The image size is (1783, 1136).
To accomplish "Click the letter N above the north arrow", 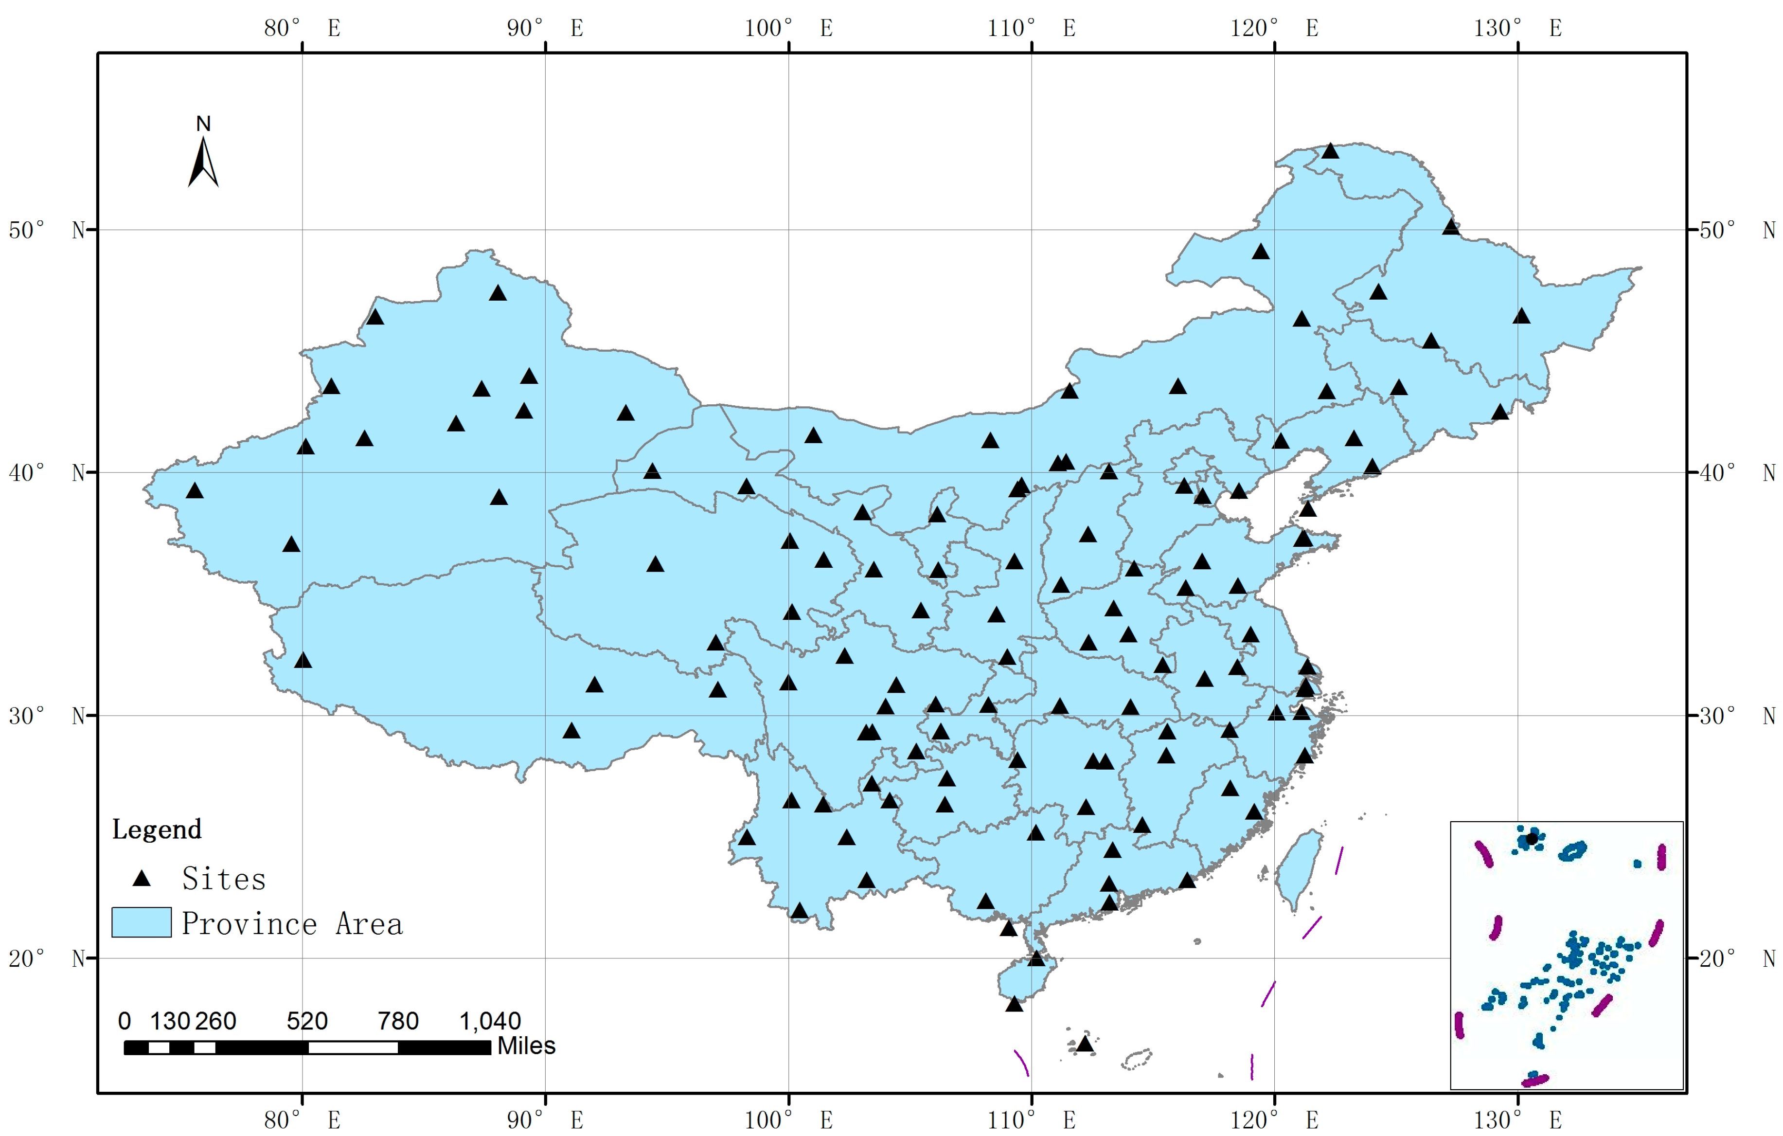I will point(204,124).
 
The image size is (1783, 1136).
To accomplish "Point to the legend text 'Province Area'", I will point(292,924).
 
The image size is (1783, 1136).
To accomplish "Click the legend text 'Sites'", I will point(224,879).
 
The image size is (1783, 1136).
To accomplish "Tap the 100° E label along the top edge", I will point(788,28).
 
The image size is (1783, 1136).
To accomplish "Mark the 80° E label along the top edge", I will point(302,28).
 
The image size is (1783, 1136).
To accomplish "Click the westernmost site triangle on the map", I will point(195,491).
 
